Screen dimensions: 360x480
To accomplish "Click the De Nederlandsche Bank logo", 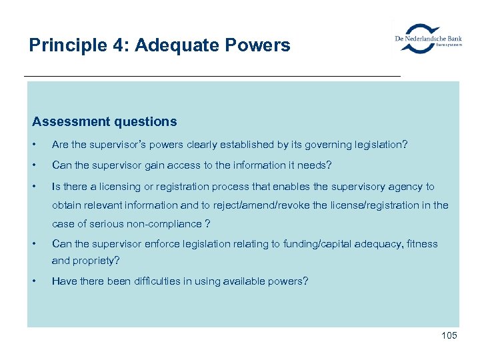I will (427, 39).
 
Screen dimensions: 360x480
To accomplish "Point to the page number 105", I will (449, 335).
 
